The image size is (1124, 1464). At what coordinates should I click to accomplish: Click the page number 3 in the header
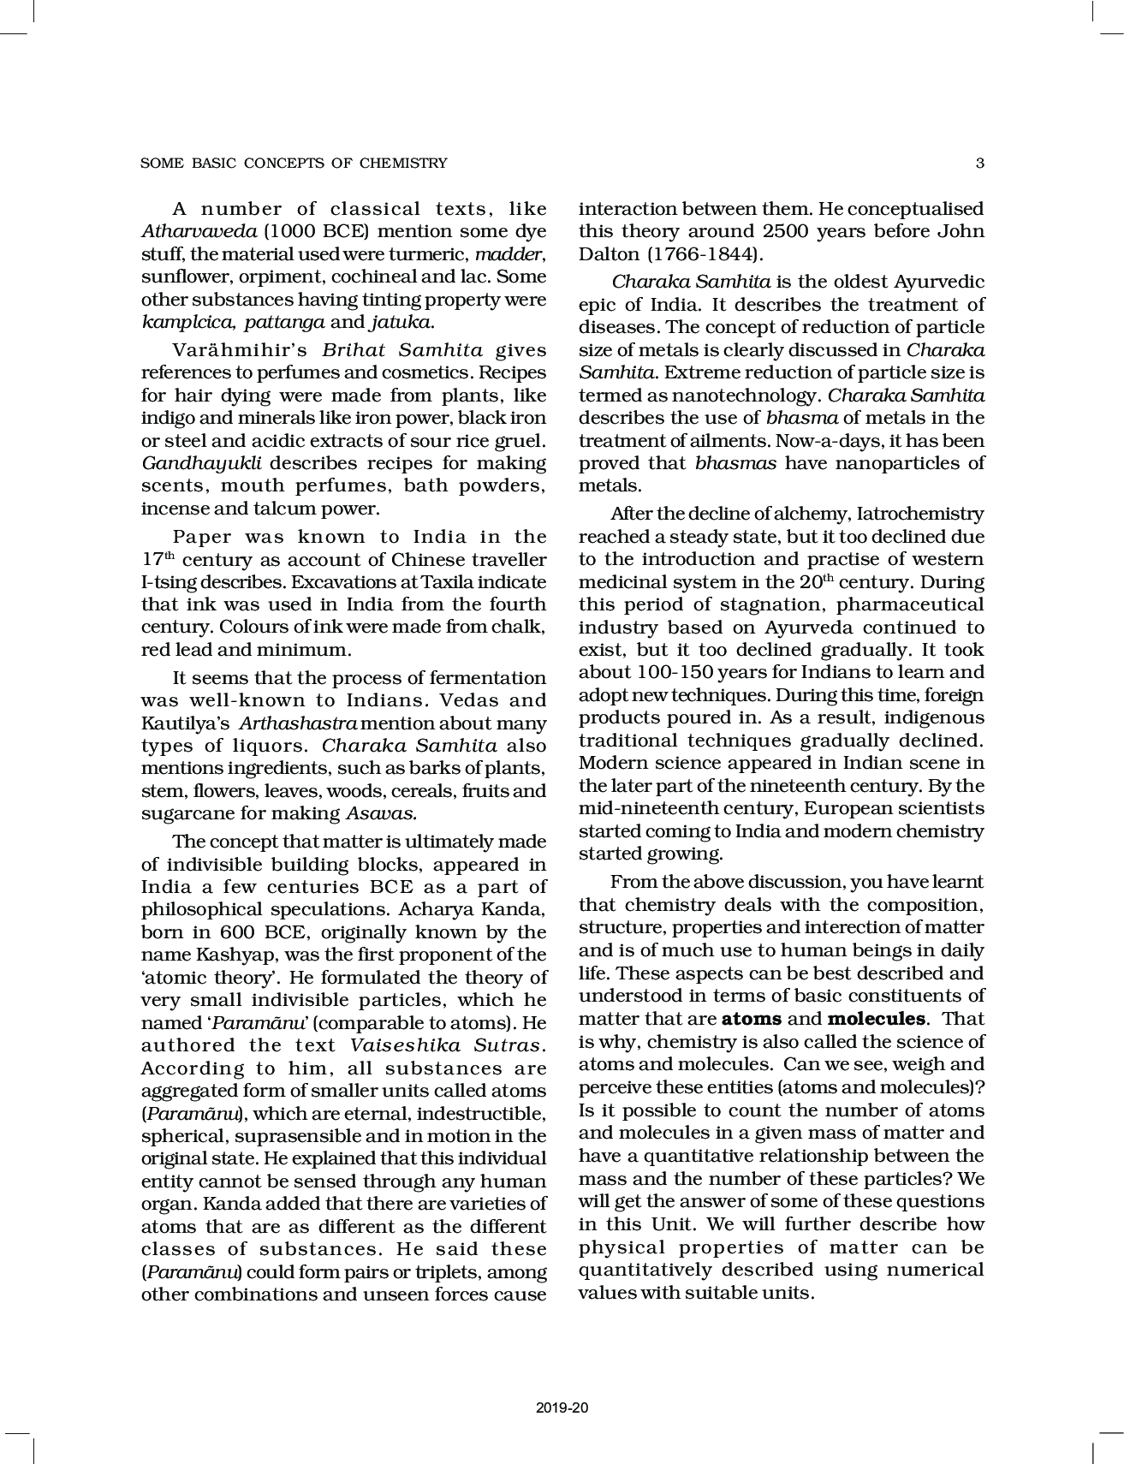(979, 163)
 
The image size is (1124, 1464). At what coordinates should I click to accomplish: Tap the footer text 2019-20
(562, 1407)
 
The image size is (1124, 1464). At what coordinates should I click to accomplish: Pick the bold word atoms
(752, 1019)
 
